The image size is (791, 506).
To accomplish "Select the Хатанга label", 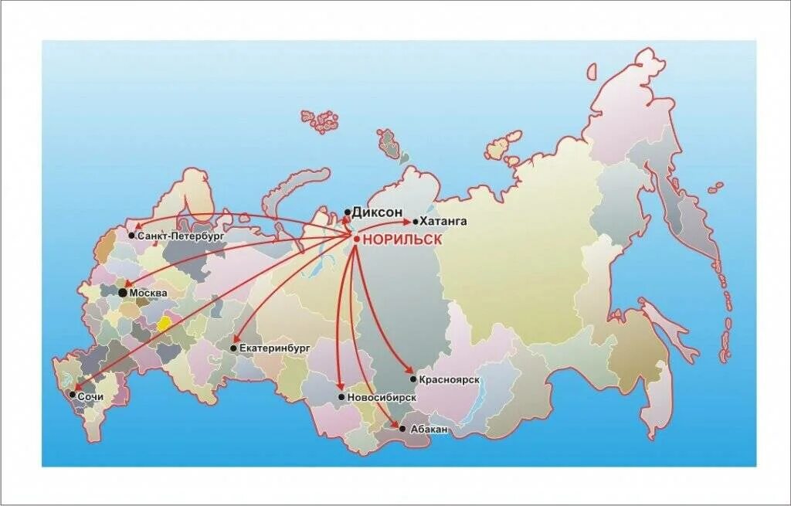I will tap(446, 221).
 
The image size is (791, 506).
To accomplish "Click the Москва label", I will tap(148, 294).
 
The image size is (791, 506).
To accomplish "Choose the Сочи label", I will tap(90, 396).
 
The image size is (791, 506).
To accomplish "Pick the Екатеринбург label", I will tap(275, 348).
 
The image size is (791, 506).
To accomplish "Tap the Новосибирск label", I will tap(382, 397).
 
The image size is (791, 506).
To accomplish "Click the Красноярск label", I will tap(451, 379).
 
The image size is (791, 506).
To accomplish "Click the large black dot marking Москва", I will tap(122, 293).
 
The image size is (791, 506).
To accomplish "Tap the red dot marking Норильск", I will tap(356, 239).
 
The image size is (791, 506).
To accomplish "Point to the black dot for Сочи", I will tap(73, 395).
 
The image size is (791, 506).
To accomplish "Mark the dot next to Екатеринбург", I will tap(233, 348).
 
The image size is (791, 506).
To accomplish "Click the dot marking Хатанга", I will tap(416, 221).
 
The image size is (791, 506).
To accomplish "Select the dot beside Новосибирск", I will tap(341, 397).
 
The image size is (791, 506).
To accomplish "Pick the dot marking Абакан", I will tap(402, 427).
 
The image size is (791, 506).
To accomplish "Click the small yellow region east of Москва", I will tap(164, 324).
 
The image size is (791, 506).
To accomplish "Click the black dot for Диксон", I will tap(348, 212).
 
